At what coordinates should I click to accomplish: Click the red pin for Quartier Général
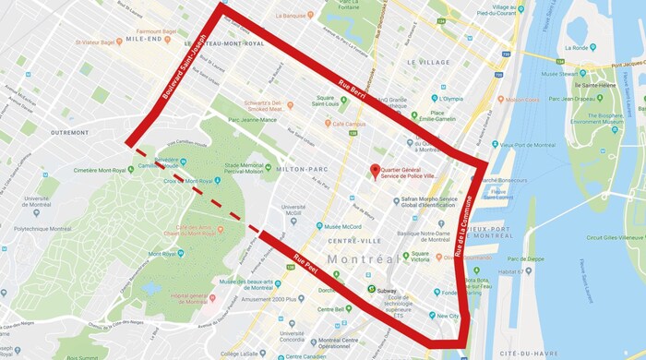tap(375, 170)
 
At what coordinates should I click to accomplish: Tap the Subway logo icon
tap(373, 289)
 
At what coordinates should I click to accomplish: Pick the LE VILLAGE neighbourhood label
tap(426, 62)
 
